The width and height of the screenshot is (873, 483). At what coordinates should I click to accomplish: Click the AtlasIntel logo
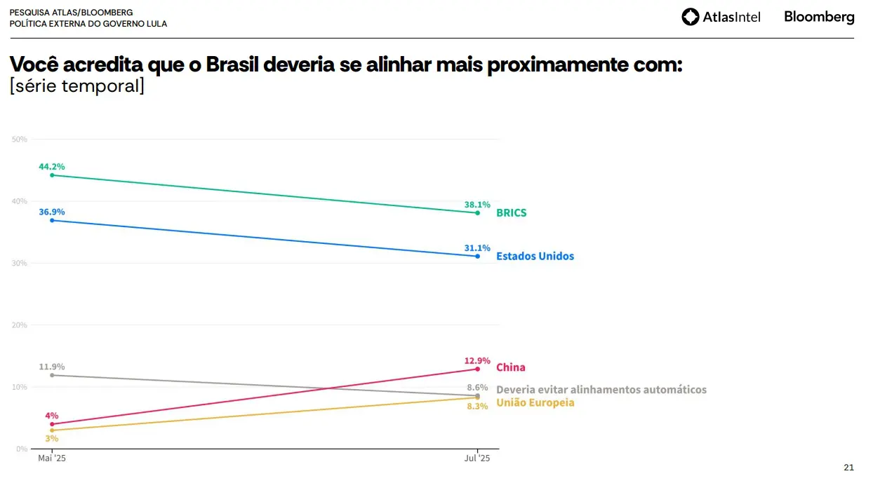721,17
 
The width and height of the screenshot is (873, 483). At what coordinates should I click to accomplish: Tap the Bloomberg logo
819,17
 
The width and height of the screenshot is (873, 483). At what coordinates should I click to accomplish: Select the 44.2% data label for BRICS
52,167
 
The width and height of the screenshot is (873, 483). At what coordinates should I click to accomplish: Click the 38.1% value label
477,205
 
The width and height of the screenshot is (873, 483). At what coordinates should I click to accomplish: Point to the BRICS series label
511,213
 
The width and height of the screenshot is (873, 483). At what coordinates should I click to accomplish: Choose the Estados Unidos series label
535,257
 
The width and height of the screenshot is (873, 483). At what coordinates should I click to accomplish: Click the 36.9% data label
52,212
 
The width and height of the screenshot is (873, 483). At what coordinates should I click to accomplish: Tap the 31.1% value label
477,248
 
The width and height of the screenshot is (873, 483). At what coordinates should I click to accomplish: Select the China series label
510,367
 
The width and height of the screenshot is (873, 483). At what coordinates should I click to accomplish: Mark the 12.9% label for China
477,360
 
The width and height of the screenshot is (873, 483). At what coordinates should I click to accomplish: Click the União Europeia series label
535,403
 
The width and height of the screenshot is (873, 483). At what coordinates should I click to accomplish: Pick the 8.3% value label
477,407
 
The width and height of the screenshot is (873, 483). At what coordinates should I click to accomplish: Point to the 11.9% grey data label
52,367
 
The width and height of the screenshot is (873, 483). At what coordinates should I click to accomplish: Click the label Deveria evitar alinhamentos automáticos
601,390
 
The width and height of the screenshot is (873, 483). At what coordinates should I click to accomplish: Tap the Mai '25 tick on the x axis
52,458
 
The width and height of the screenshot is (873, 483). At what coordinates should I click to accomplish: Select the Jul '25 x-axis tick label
477,458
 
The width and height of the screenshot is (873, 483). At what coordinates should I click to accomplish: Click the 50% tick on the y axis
20,140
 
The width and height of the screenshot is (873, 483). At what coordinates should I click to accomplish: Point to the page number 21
848,468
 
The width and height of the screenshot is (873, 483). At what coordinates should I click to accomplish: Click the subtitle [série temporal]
76,87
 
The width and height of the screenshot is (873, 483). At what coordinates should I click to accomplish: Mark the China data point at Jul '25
477,369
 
